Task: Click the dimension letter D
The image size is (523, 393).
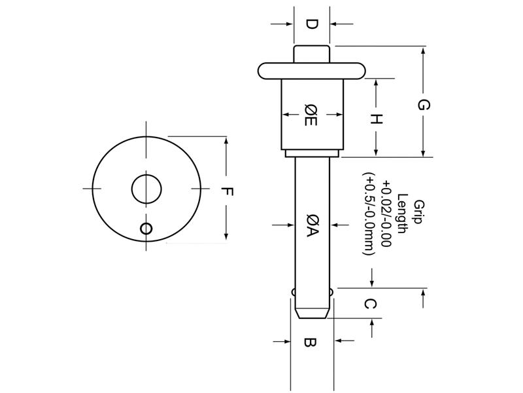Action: point(312,24)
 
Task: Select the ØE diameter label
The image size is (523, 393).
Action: point(312,115)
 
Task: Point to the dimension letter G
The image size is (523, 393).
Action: point(424,104)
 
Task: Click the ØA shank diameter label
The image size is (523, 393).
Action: point(312,225)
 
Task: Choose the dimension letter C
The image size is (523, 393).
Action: point(370,304)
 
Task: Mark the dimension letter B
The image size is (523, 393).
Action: point(311,341)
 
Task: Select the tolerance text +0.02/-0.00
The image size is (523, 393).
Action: point(386,213)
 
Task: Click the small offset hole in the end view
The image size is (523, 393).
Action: point(146,228)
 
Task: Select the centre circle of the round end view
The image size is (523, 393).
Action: point(146,189)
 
